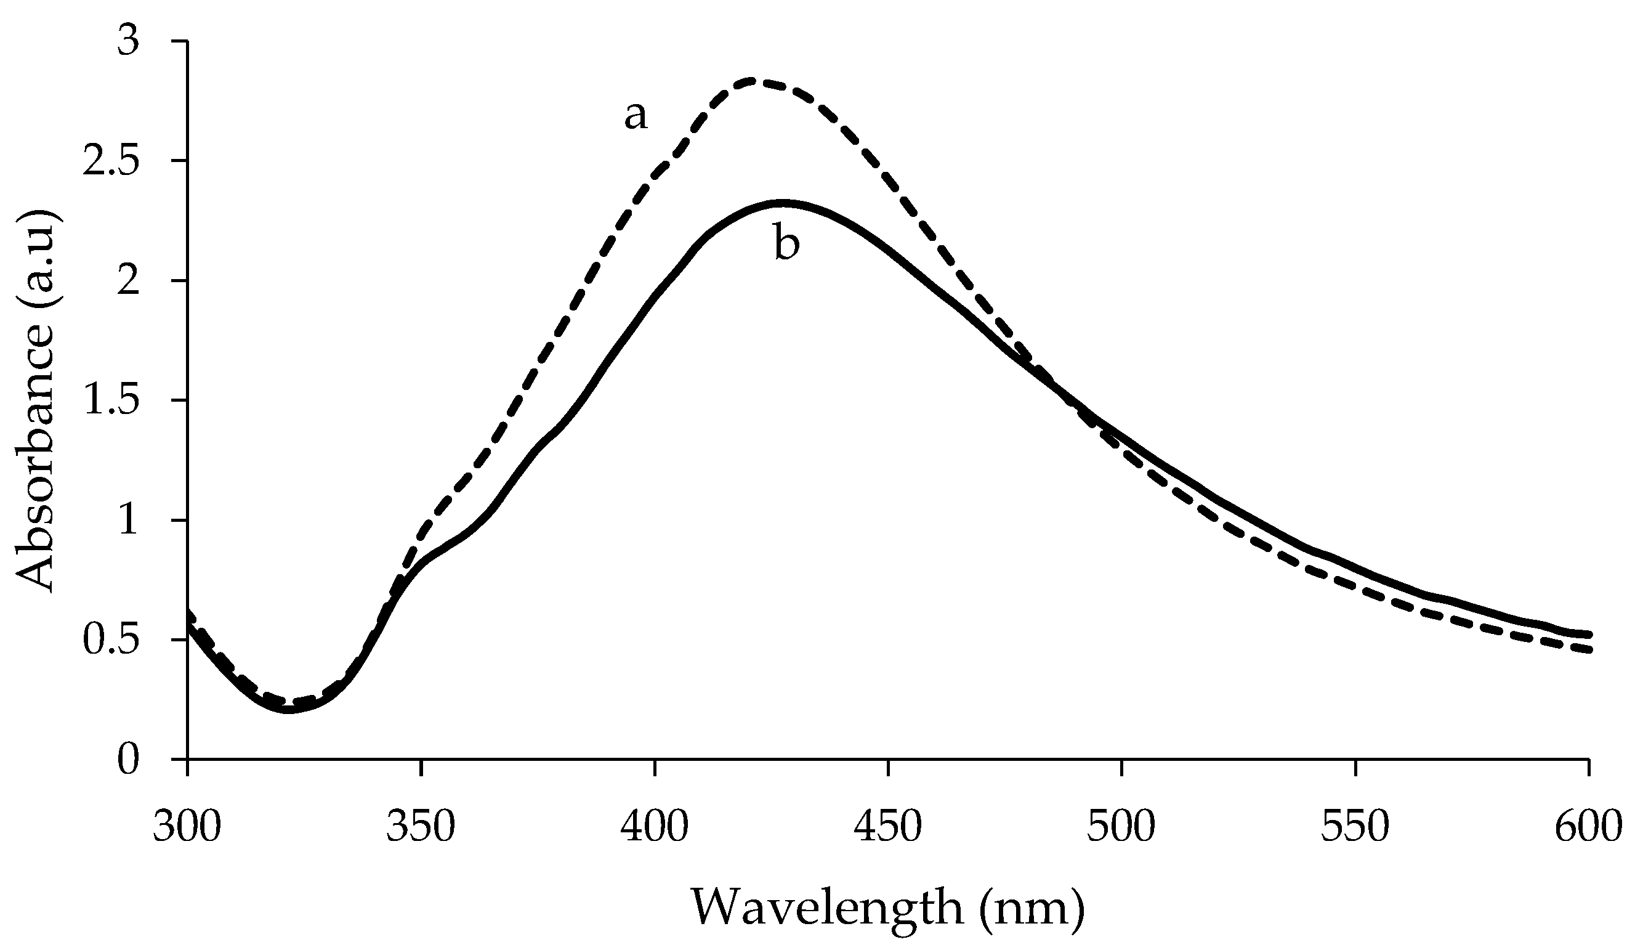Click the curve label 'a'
click(x=636, y=116)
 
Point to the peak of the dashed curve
click(x=751, y=81)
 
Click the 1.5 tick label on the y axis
click(x=110, y=400)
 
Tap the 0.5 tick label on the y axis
click(x=110, y=640)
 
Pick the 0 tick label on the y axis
click(x=129, y=759)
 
